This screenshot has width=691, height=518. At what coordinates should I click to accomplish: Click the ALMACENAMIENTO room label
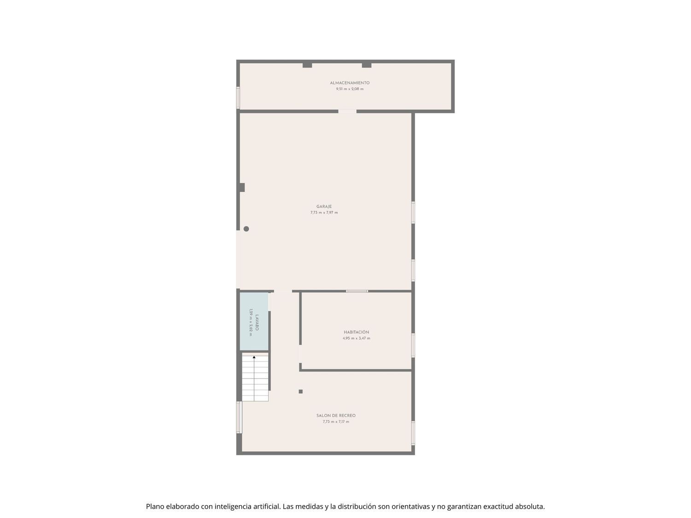click(x=350, y=83)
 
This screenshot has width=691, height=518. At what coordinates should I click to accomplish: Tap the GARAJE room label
click(x=324, y=206)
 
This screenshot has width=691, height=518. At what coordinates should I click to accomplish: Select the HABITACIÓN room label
click(x=356, y=332)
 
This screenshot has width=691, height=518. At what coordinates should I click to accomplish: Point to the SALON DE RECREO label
click(x=336, y=415)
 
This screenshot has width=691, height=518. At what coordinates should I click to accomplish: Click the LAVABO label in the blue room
click(x=257, y=322)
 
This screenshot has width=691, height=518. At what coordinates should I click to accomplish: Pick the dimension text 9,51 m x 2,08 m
click(x=350, y=89)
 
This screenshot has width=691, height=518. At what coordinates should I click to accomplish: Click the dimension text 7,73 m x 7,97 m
click(x=324, y=213)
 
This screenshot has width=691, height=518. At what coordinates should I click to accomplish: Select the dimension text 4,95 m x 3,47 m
click(x=356, y=338)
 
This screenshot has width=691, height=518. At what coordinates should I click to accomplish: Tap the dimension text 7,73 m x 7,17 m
click(x=336, y=422)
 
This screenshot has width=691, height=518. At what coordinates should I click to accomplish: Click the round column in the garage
click(x=246, y=229)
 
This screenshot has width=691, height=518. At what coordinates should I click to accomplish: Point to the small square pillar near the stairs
click(x=301, y=391)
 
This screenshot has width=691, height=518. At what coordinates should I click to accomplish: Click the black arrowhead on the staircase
click(x=254, y=357)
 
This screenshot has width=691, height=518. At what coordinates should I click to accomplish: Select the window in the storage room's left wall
click(x=238, y=98)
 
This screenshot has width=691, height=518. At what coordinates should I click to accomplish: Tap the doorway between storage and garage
click(x=347, y=111)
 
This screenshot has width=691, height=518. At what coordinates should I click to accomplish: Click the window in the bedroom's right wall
click(x=413, y=345)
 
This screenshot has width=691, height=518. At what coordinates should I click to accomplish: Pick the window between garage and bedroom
click(x=357, y=291)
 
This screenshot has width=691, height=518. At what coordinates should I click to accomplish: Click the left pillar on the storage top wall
click(x=307, y=65)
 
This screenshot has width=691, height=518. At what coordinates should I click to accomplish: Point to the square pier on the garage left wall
click(x=241, y=187)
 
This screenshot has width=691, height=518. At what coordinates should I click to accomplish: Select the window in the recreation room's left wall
click(x=239, y=417)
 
